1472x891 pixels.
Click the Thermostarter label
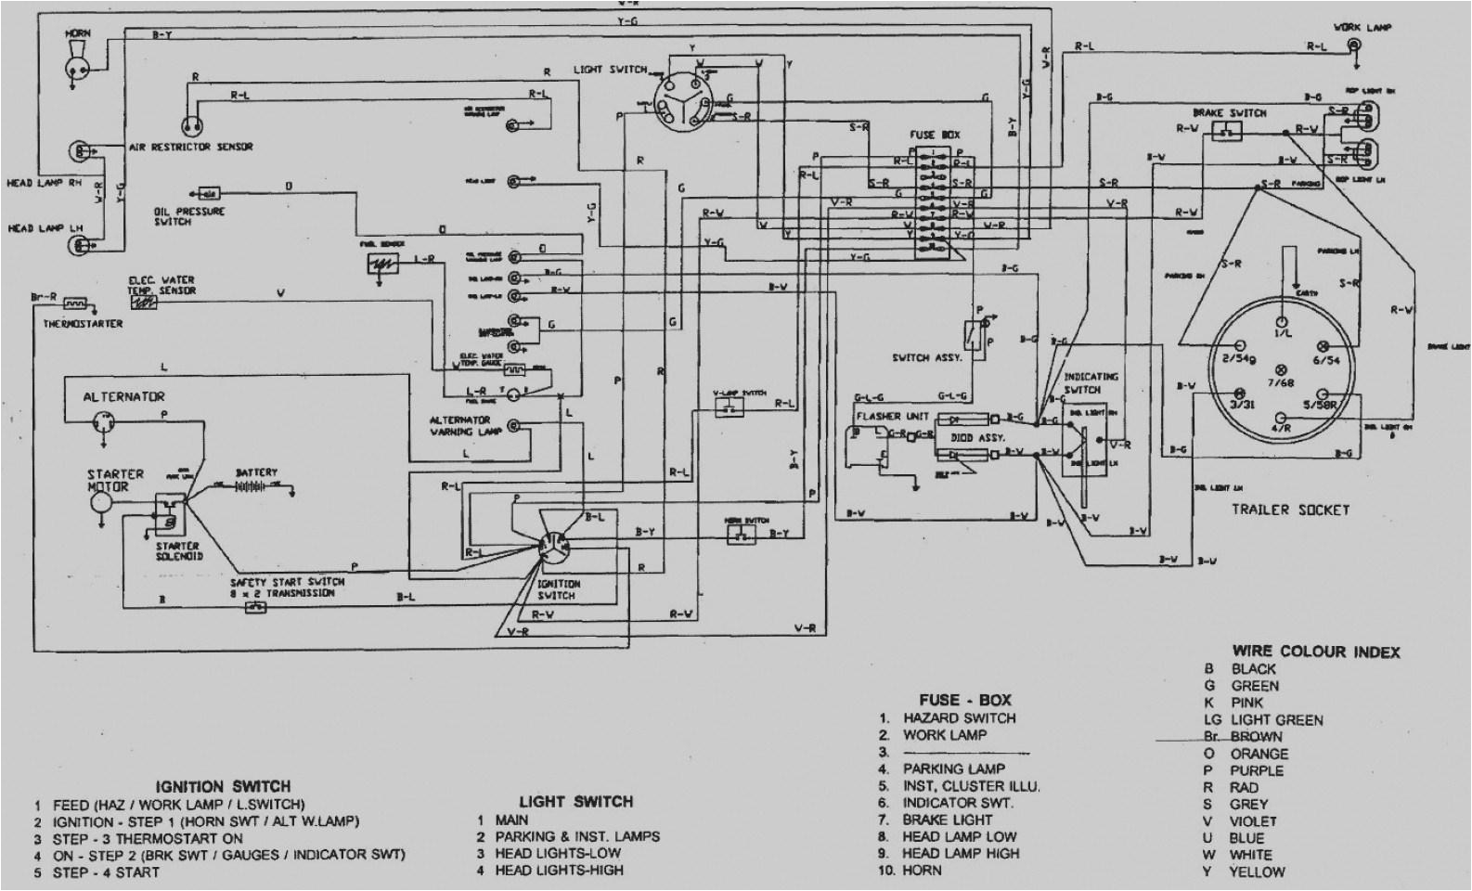(x=83, y=324)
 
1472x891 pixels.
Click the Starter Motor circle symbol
(x=99, y=502)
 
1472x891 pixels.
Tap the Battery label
(x=256, y=472)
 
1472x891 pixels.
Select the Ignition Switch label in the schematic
(x=558, y=589)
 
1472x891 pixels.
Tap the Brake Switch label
(x=1229, y=112)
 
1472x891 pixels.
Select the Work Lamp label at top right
(x=1360, y=27)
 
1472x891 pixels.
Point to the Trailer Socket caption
(x=1289, y=510)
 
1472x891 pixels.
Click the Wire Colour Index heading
(x=1315, y=652)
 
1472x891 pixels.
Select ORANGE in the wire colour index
(x=1259, y=754)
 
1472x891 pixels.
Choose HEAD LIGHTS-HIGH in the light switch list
(x=559, y=871)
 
